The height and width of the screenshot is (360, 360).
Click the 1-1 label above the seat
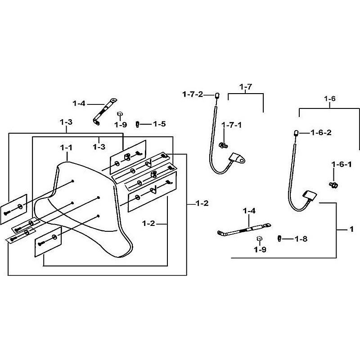pyautogui.click(x=66, y=147)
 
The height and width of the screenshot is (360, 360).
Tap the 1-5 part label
pyautogui.click(x=159, y=124)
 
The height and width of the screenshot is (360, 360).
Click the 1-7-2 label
pyautogui.click(x=192, y=94)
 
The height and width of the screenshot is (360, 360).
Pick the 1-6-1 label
pyautogui.click(x=342, y=165)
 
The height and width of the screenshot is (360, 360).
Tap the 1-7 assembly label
pyautogui.click(x=246, y=86)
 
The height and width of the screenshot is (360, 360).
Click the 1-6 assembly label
pyautogui.click(x=330, y=98)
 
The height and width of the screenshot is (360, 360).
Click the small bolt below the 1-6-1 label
pyautogui.click(x=334, y=184)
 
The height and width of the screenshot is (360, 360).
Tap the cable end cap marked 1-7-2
pyautogui.click(x=216, y=95)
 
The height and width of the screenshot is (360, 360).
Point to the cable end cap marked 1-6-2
pyautogui.click(x=297, y=132)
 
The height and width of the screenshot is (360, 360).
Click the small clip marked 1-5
pyautogui.click(x=138, y=124)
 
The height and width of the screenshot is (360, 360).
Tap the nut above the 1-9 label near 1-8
pyautogui.click(x=259, y=238)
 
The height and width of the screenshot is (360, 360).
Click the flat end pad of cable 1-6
pyautogui.click(x=310, y=195)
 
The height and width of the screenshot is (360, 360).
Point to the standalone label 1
pyautogui.click(x=351, y=229)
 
